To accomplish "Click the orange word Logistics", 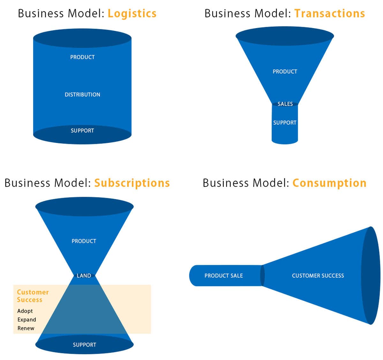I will [x=132, y=14].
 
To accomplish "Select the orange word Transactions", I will [x=329, y=14].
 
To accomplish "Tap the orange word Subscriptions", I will [x=132, y=183].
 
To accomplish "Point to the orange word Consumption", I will [x=329, y=183].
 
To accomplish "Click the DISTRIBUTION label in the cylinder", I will [x=82, y=95].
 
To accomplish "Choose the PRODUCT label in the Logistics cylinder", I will [x=82, y=57].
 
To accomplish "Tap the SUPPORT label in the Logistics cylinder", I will [x=82, y=131].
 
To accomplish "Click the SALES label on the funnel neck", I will [x=285, y=104].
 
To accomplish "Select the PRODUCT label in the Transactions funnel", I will [x=285, y=72].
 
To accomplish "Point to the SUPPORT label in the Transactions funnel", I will [x=285, y=123].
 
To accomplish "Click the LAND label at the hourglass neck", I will [x=84, y=276].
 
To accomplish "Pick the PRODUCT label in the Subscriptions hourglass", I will [x=84, y=241].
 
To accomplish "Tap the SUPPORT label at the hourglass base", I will [x=84, y=345].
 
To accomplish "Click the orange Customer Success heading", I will [x=33, y=296].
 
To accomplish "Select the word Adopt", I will [x=25, y=311].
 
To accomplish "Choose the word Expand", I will [x=27, y=320].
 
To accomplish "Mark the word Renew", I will [x=26, y=328].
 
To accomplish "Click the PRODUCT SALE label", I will [x=223, y=276].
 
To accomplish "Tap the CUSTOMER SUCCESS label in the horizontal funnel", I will [x=318, y=276].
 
